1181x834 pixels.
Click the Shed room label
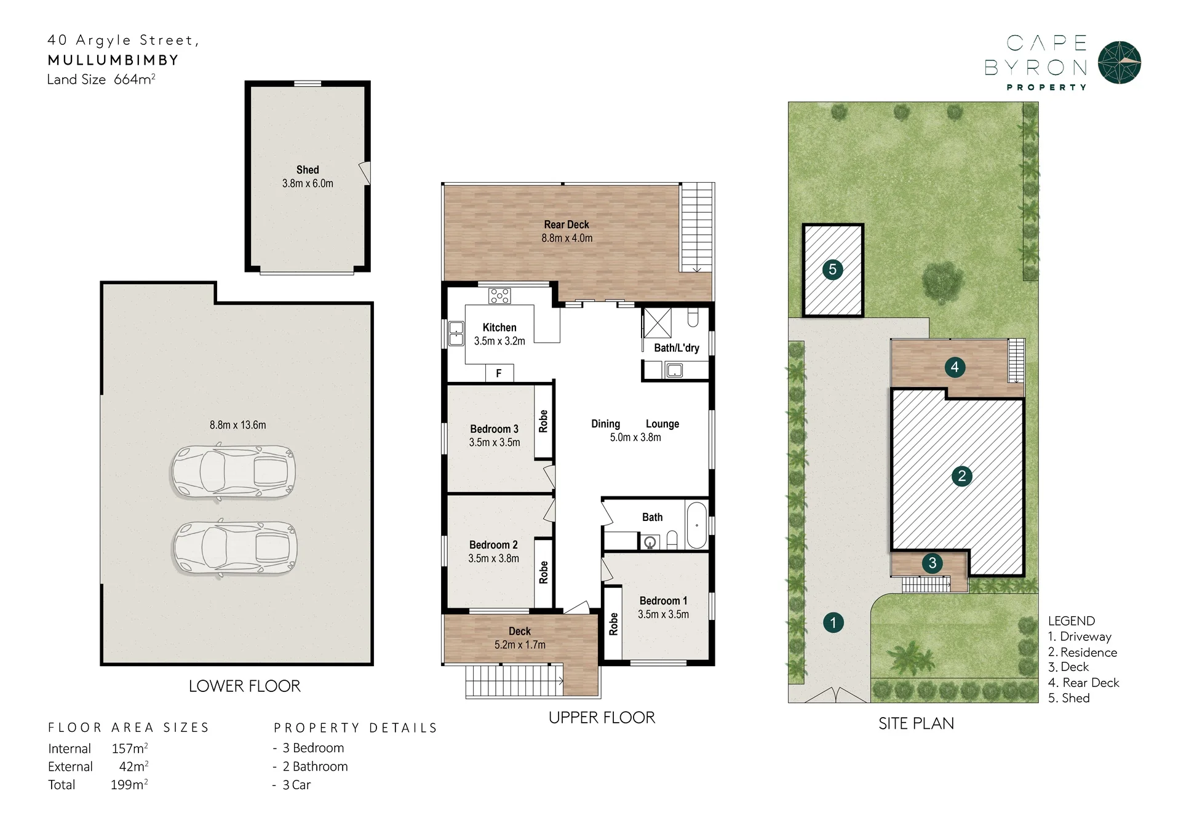pos(308,170)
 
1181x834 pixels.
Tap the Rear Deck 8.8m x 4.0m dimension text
pos(567,239)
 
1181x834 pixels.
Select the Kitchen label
pos(499,328)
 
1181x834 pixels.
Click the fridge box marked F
pos(499,373)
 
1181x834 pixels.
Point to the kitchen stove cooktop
pos(499,296)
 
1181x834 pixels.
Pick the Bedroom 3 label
pos(495,429)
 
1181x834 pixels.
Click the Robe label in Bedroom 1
pos(613,624)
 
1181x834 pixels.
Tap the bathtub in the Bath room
pos(697,525)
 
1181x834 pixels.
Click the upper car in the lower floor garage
pos(233,472)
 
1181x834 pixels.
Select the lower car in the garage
pos(235,548)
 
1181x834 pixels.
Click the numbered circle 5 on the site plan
pos(832,269)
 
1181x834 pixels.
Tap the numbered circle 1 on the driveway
pos(833,622)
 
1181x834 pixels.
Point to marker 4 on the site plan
pos(955,367)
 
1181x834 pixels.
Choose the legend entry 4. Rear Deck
pos(1084,683)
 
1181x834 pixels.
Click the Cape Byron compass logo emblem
pos(1119,63)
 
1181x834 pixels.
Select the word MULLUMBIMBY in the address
pos(113,60)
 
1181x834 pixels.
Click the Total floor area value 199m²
pos(129,785)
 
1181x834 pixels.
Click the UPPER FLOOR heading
pos(602,718)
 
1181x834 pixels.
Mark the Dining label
pos(606,424)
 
